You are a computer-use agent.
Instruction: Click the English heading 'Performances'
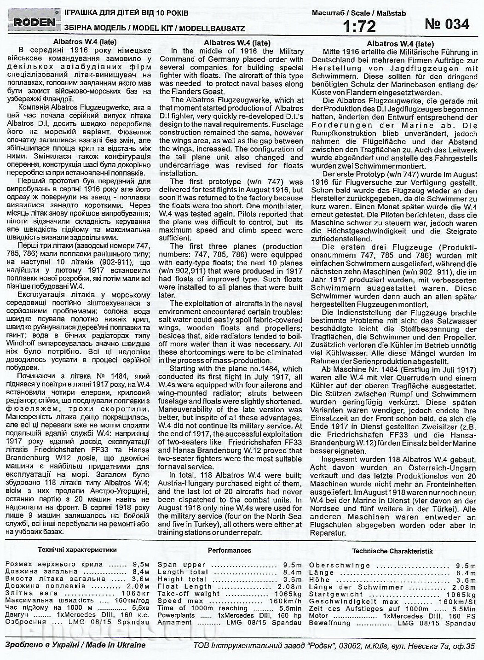(x=230, y=550)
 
